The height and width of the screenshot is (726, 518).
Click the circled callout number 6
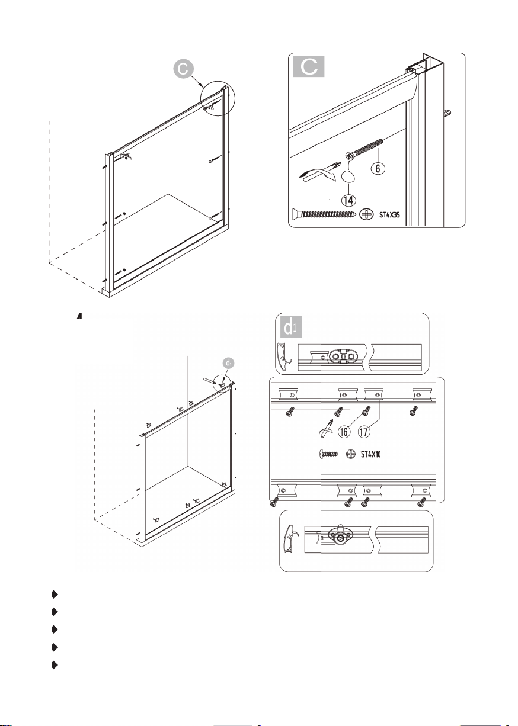pos(378,168)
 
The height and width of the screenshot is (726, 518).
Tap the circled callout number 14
pos(348,200)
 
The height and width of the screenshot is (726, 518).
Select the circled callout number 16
pos(344,432)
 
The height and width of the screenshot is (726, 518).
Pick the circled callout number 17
pos(364,432)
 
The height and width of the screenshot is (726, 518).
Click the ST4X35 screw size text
pos(389,214)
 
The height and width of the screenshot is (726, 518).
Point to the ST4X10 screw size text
pos(371,454)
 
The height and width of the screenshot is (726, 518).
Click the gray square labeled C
pos(308,66)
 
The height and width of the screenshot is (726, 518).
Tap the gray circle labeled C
pos(183,69)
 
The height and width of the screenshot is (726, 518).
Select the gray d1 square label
pos(291,327)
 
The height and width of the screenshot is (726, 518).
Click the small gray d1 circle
pos(229,364)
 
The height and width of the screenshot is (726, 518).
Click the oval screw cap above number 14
pos(348,177)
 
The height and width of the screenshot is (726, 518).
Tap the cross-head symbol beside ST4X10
pos(351,454)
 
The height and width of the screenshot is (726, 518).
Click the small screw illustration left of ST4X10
pos(328,454)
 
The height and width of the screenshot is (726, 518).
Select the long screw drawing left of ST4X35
pos(324,214)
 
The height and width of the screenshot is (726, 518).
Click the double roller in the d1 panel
pos(343,357)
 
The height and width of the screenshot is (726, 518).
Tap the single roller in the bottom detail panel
pos(340,538)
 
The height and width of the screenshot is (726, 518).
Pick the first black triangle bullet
pos(55,595)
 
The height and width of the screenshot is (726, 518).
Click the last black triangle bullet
pos(55,666)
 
